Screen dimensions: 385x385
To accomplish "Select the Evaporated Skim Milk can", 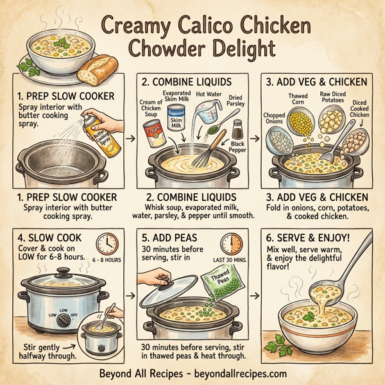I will click(177, 121).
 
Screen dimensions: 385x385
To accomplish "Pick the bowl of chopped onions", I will click(280, 137).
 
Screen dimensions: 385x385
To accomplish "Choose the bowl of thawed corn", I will click(301, 122).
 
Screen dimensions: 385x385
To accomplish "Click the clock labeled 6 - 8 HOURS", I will click(107, 244).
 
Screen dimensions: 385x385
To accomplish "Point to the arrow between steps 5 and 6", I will click(256, 296).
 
